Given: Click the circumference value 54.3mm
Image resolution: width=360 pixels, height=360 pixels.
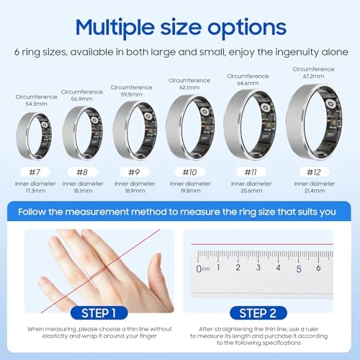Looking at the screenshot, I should [x=35, y=104].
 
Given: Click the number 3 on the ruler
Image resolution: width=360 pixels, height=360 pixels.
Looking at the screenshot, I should [x=258, y=267].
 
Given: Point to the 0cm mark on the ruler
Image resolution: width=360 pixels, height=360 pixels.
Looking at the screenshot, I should [x=202, y=269].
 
